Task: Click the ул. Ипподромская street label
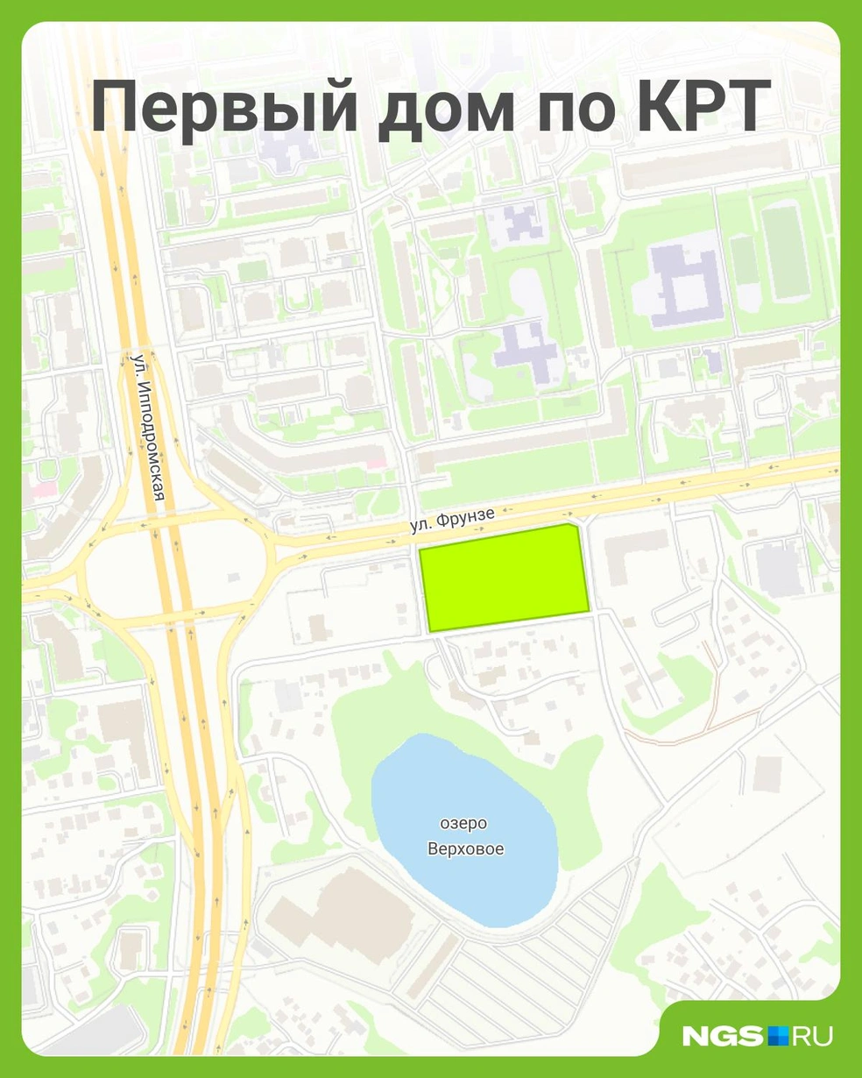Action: pos(147,427)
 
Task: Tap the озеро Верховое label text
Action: pos(465,836)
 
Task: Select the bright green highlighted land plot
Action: pos(503,577)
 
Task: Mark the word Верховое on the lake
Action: pos(465,849)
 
